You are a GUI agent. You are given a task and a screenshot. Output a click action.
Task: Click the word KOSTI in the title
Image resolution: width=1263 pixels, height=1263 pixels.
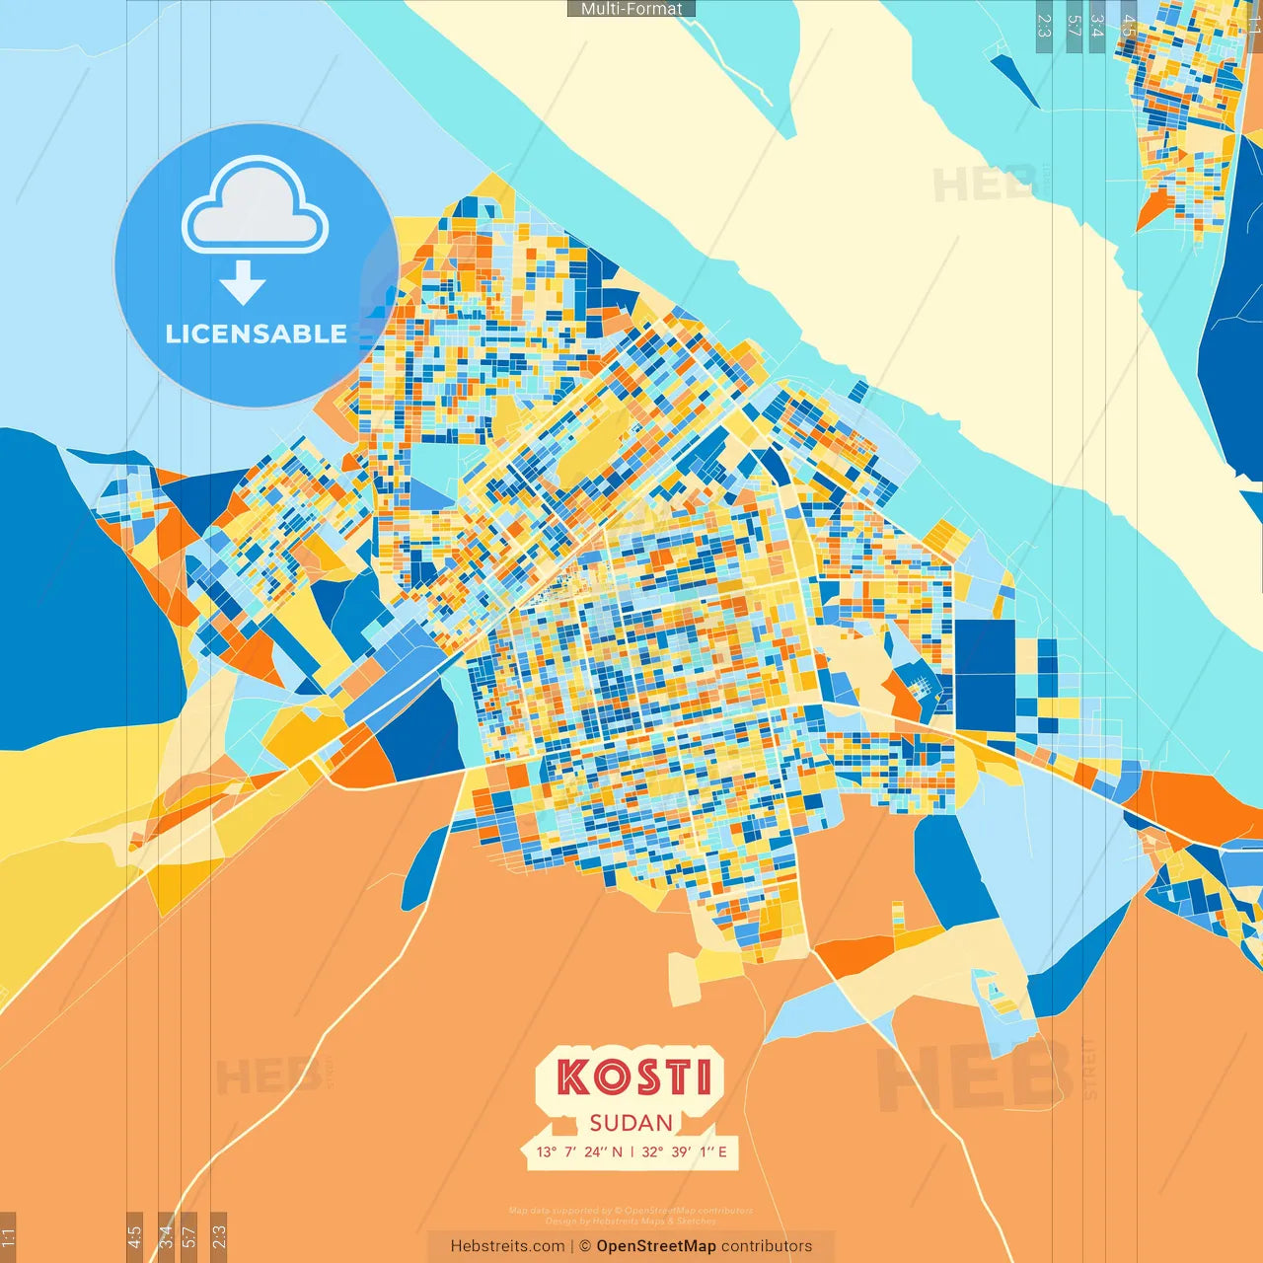pos(632,1077)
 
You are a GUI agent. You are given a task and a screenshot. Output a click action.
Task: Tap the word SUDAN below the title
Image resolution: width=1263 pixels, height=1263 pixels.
pos(631,1123)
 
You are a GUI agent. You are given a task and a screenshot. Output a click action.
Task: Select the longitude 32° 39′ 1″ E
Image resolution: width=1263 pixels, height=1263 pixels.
pos(684,1152)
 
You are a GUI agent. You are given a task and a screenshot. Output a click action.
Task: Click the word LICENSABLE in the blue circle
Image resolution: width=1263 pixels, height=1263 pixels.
pos(256,334)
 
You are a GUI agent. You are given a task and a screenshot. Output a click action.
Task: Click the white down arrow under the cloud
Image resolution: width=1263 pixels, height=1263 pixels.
pos(243,283)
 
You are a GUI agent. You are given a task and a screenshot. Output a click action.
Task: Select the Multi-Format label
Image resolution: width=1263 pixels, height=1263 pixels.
pos(631,9)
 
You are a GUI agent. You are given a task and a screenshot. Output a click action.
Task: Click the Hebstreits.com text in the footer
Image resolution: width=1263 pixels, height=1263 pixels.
pos(507,1246)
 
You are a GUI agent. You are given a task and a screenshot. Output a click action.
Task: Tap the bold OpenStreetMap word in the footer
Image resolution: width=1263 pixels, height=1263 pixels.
pos(656,1246)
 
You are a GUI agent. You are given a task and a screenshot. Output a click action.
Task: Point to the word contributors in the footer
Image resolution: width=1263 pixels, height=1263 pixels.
pos(767,1246)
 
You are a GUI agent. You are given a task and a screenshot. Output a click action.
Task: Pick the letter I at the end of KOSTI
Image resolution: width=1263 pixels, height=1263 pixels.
pos(703,1077)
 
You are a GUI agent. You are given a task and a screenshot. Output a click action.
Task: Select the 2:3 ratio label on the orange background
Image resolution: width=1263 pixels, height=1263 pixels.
pos(219,1235)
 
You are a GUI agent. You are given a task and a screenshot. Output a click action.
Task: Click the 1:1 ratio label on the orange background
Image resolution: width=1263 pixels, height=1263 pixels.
pos(8,1235)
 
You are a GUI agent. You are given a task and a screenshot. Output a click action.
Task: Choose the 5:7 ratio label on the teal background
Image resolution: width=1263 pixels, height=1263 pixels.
pos(1074,26)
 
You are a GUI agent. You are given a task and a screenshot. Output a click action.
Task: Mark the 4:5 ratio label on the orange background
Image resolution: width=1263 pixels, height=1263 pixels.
pos(134,1235)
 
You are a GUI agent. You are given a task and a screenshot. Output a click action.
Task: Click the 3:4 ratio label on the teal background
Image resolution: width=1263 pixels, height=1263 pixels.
pos(1096,26)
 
